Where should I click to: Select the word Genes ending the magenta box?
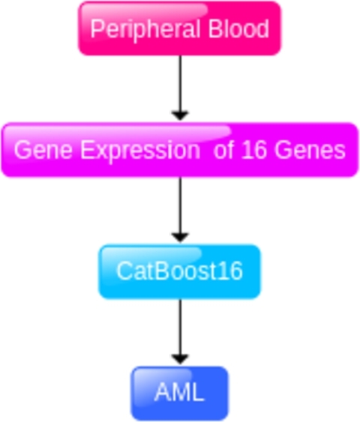tap(310, 150)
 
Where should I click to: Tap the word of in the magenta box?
tap(224, 150)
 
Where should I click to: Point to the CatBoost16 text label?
tap(179, 271)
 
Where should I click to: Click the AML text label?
tap(179, 393)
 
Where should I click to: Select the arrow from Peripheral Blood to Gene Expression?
tap(179, 82)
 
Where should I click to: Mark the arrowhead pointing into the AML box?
tap(179, 359)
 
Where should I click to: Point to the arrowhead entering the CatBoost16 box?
tap(179, 237)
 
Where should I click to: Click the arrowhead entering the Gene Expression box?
tap(179, 115)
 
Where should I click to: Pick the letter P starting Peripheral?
tap(95, 29)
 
